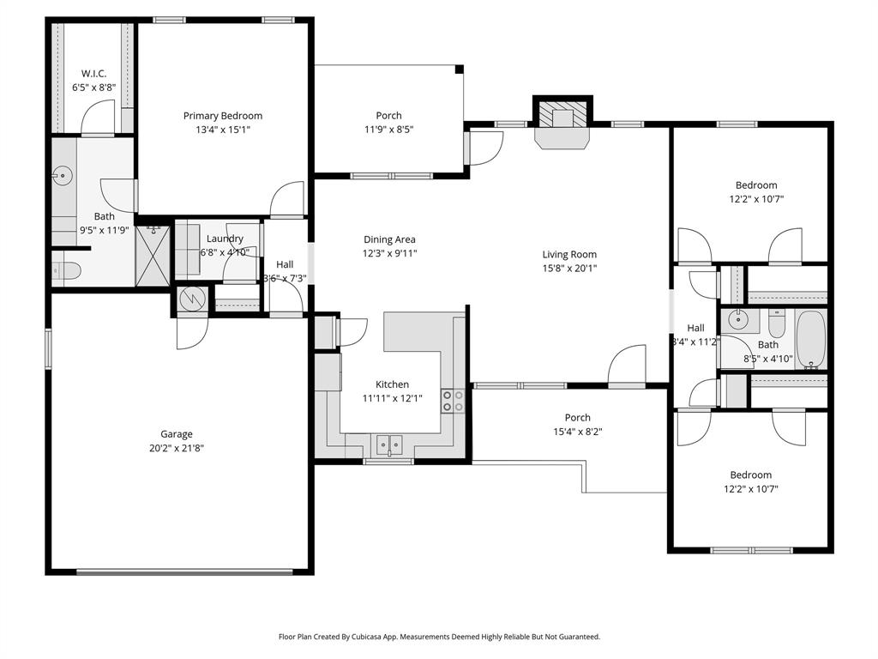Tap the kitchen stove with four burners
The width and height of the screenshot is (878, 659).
click(x=452, y=401)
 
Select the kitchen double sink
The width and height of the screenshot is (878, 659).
click(x=389, y=444)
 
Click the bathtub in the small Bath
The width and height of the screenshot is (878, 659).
click(x=810, y=340)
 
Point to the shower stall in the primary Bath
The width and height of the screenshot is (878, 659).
click(x=154, y=255)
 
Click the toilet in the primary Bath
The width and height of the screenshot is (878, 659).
click(x=67, y=271)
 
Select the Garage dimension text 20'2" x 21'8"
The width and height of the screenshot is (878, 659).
click(x=176, y=447)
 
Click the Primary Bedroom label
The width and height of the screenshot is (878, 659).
click(x=223, y=116)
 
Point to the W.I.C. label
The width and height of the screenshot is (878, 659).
click(x=93, y=74)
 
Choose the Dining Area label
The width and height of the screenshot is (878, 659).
click(x=390, y=239)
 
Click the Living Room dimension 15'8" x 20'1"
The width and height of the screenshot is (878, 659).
click(x=569, y=268)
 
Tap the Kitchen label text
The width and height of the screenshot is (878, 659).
click(x=392, y=384)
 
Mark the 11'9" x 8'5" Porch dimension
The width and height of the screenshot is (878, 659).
click(x=388, y=130)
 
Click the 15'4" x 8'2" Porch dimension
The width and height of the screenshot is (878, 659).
click(x=577, y=432)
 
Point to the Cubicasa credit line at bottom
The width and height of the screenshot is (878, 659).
click(x=439, y=637)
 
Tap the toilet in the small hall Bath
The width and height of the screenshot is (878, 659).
click(x=775, y=323)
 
